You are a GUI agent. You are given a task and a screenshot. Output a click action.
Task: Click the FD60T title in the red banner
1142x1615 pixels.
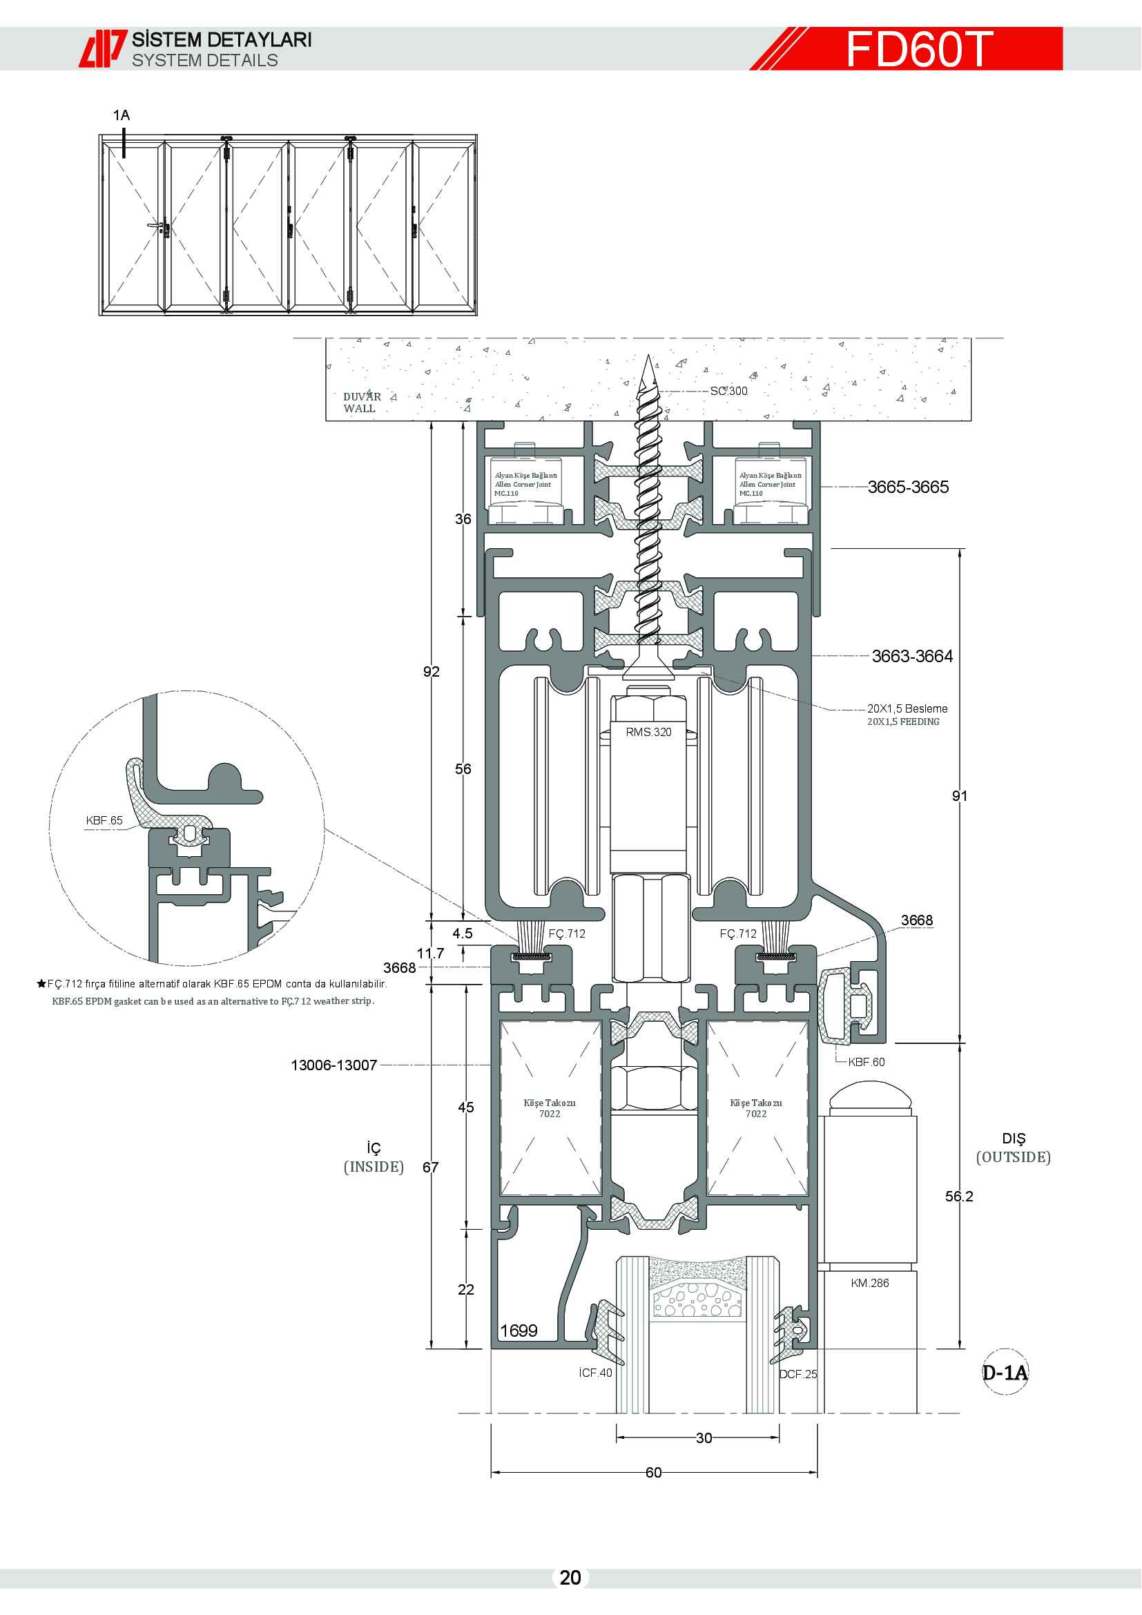coord(918,49)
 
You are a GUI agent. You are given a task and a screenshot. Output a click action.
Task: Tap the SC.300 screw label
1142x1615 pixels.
coord(728,391)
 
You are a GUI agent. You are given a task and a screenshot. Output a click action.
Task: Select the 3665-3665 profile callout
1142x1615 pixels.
coord(908,487)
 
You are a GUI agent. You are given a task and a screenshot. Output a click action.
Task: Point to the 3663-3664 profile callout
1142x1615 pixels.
coord(912,656)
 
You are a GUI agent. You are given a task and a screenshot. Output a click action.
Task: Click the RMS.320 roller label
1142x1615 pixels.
coord(648,732)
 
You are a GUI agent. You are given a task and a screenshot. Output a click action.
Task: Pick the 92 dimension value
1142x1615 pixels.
coord(431,672)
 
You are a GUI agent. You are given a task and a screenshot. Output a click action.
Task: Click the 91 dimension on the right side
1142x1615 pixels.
coord(960,796)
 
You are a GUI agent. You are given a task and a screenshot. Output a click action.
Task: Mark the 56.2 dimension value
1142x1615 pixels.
coord(959,1197)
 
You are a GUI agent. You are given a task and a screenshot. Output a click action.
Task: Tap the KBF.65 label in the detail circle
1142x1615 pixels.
coord(104,820)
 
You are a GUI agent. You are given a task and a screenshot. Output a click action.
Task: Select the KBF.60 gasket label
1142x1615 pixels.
coord(867,1062)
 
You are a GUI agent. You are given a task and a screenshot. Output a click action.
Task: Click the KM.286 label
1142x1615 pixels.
coord(870,1283)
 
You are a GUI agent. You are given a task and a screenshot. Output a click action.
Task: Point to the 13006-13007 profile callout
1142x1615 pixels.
coord(334,1065)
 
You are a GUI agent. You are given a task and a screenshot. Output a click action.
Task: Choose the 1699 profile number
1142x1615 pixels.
coord(519,1331)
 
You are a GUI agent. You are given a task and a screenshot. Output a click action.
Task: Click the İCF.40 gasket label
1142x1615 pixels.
coord(595,1373)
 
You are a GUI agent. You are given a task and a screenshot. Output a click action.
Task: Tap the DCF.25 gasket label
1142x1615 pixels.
coord(798,1375)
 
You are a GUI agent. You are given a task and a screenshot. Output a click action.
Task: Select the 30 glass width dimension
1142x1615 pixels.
coord(704,1438)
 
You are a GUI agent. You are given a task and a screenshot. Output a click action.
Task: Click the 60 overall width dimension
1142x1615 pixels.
coord(653,1473)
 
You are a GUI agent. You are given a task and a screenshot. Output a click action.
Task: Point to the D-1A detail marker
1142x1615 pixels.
coord(1005,1373)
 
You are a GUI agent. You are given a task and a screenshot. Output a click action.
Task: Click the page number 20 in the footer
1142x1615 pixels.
coord(570,1578)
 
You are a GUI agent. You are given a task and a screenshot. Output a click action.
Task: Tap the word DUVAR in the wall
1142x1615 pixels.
coord(362,397)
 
